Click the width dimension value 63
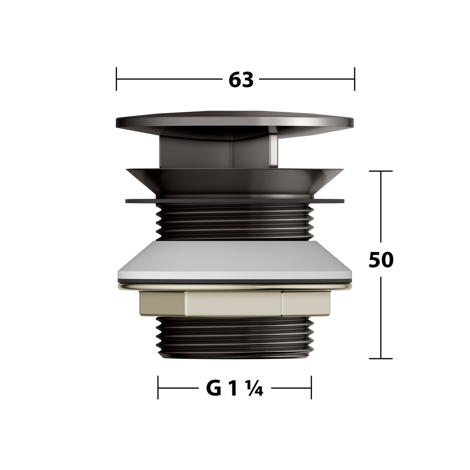(x=241, y=80)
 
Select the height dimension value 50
(x=381, y=259)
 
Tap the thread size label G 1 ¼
(x=235, y=388)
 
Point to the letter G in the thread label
(x=213, y=388)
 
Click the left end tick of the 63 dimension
(x=116, y=79)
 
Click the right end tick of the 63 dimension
(x=355, y=79)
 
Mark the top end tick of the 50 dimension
(x=381, y=171)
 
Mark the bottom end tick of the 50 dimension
(x=381, y=359)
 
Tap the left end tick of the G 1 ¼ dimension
(x=158, y=388)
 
